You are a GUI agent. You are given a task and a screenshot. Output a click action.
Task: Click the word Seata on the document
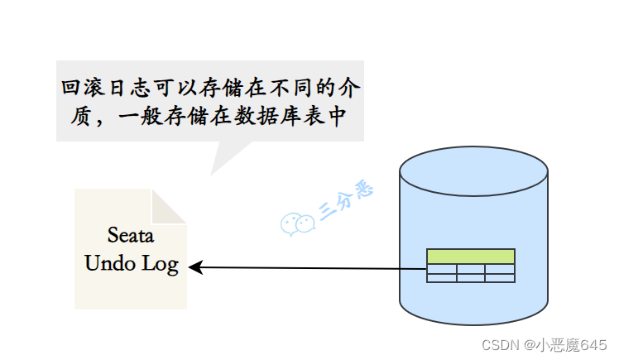(x=131, y=235)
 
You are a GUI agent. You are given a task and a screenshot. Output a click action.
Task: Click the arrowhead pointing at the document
(x=195, y=266)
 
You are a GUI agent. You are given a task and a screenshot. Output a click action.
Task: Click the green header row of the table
(x=471, y=257)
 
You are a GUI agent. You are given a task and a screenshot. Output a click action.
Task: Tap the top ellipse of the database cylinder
(x=473, y=172)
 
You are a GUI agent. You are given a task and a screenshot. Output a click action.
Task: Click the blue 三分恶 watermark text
(x=347, y=200)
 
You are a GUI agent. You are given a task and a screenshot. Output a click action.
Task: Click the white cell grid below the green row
(x=471, y=273)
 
